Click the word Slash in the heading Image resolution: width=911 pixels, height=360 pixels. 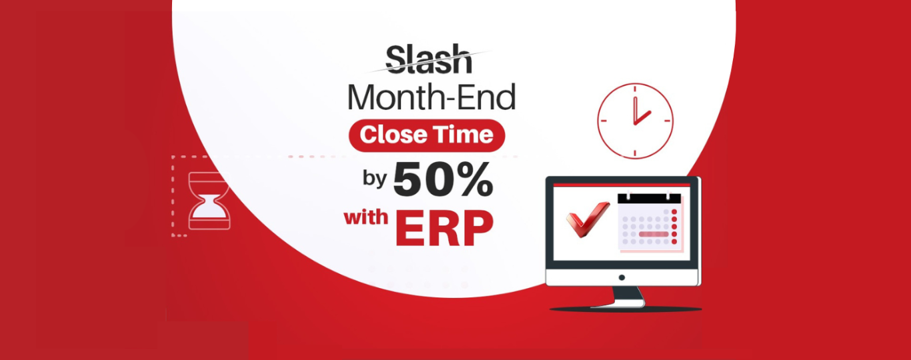coord(429,59)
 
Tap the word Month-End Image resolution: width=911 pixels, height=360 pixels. coord(431,97)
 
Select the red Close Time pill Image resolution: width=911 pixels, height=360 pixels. coord(427,135)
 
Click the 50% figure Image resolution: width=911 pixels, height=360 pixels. coord(443,179)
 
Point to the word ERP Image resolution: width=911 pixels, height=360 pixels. coord(445,228)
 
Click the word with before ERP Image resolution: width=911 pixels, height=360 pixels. coord(366,217)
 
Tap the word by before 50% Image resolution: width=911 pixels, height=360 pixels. coord(375,178)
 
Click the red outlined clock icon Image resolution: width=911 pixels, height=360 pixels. coord(635,121)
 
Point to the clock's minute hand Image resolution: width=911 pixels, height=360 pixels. coord(635,111)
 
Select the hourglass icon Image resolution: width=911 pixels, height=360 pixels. coord(209,201)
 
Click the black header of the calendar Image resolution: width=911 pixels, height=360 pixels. coord(649,199)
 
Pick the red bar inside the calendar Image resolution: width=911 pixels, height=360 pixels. coord(654,235)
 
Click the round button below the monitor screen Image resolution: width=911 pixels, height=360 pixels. coord(622,277)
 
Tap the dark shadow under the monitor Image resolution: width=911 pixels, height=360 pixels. coord(626,309)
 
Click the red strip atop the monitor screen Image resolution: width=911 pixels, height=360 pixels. coord(622,185)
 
